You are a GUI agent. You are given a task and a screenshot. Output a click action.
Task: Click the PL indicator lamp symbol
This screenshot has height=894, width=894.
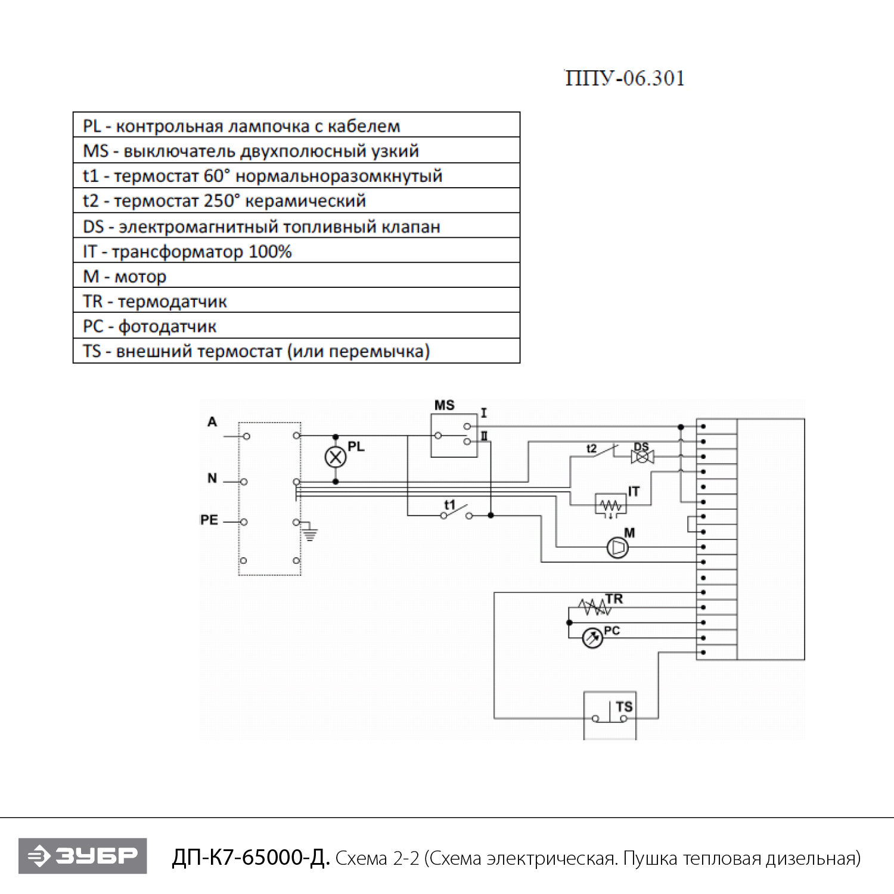click(x=336, y=457)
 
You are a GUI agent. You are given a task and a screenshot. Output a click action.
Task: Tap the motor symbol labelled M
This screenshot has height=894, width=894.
click(x=617, y=547)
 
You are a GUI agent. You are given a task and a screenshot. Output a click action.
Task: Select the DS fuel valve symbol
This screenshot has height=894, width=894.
click(x=642, y=457)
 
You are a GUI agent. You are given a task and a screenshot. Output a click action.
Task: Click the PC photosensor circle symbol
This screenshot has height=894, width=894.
click(x=592, y=638)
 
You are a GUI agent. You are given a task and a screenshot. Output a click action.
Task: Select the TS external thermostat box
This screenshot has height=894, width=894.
click(x=610, y=715)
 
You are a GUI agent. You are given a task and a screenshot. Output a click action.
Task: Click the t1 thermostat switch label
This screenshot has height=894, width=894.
click(x=449, y=505)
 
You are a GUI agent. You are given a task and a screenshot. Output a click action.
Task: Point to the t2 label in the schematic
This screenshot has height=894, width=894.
click(x=591, y=448)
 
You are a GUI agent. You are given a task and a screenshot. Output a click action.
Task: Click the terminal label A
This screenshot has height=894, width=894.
click(x=212, y=422)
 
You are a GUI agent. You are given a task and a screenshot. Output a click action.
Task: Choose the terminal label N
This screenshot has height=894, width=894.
click(x=212, y=478)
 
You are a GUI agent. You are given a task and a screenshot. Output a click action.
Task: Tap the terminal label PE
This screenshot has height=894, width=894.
click(x=209, y=520)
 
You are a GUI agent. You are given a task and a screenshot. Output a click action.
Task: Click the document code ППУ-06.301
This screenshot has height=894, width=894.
click(x=625, y=78)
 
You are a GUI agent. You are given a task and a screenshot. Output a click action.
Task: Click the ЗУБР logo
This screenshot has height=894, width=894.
click(x=83, y=856)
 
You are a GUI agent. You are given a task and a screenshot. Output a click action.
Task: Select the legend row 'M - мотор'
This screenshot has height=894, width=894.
click(x=296, y=276)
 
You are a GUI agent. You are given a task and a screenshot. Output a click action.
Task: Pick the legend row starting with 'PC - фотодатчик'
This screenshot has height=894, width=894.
click(x=296, y=326)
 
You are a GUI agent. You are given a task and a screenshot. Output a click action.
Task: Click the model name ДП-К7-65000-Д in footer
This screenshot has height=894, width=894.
click(x=250, y=857)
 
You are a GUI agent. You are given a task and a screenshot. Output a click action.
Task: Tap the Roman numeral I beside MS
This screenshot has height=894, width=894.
click(x=484, y=412)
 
